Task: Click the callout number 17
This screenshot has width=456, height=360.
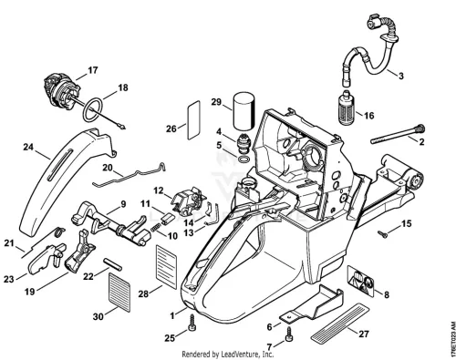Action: pos(93,70)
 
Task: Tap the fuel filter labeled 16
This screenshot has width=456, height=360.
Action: pos(347,107)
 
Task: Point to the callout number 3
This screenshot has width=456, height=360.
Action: pos(401,76)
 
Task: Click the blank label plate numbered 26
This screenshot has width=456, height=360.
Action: pos(193,120)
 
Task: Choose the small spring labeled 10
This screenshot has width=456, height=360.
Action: pos(155,227)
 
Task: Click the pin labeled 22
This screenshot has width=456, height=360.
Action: pos(113,264)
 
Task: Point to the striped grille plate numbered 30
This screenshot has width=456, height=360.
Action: pos(119,293)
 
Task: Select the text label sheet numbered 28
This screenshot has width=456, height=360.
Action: pos(166,267)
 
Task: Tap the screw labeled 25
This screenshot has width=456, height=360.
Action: pos(192,324)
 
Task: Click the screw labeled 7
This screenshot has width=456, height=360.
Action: pos(288,334)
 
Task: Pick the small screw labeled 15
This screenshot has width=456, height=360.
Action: pos(383,234)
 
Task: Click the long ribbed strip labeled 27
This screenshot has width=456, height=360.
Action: pos(340,323)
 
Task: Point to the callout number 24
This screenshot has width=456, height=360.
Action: pos(28,147)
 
